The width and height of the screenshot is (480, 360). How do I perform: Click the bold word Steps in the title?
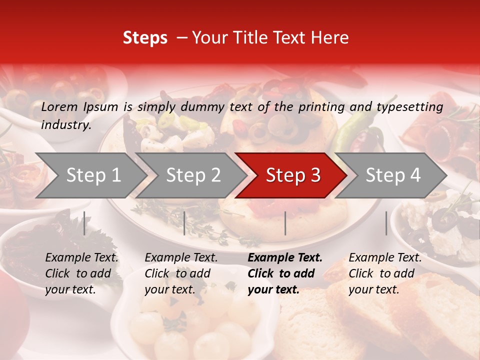tap(145, 38)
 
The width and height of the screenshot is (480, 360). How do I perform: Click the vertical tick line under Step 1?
tap(84, 223)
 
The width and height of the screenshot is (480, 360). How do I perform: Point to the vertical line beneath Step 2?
tap(184, 223)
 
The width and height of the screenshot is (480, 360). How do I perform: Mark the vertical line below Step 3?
tap(285, 223)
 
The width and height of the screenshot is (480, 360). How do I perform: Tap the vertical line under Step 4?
tap(386, 223)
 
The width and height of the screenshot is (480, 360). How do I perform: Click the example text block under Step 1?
tap(81, 273)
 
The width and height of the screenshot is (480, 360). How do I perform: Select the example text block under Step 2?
tap(181, 273)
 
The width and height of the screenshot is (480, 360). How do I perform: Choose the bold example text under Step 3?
tap(285, 273)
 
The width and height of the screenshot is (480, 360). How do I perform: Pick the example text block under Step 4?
tap(385, 273)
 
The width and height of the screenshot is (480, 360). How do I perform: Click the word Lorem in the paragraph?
tap(59, 106)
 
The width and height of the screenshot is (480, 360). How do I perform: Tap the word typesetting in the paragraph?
tap(409, 106)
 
